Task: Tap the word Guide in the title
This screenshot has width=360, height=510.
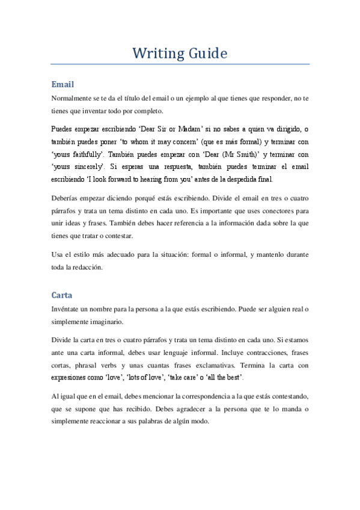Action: pyautogui.click(x=207, y=54)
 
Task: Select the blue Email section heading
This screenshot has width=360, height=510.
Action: pyautogui.click(x=63, y=84)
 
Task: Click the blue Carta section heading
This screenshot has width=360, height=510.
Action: pyautogui.click(x=63, y=296)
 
